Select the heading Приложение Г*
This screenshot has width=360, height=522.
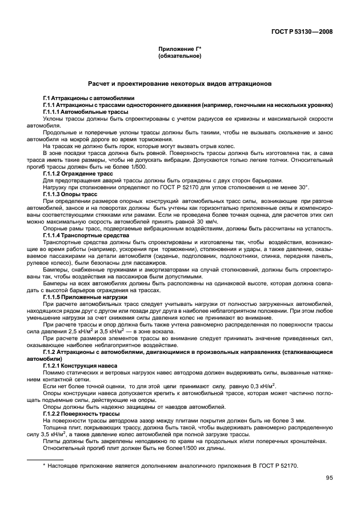(x=179, y=50)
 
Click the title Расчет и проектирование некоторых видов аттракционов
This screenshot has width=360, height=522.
(x=179, y=83)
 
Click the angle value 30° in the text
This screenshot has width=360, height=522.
(x=301, y=187)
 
